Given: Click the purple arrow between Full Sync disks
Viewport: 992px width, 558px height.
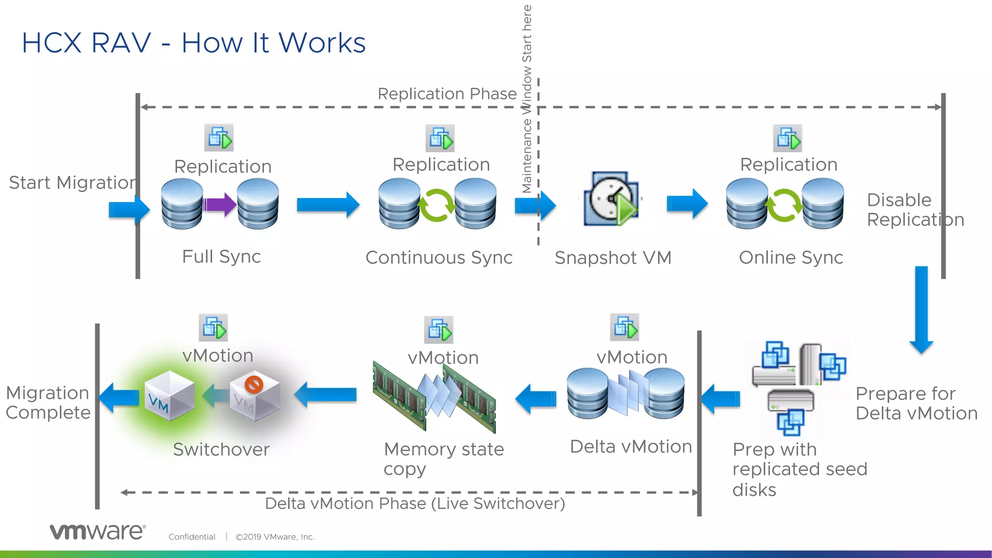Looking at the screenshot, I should click(219, 204).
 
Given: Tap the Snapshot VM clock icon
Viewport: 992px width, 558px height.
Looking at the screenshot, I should click(612, 199).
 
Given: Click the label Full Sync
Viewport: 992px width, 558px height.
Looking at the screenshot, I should click(221, 257).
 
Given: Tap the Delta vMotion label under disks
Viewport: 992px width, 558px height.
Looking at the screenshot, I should click(631, 447).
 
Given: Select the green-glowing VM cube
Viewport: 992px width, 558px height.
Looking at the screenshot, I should click(169, 395).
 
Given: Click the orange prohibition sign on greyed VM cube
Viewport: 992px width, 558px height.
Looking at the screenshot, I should click(254, 384).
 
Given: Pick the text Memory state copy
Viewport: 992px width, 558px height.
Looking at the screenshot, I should click(443, 458).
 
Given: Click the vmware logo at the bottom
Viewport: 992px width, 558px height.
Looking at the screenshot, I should click(97, 531).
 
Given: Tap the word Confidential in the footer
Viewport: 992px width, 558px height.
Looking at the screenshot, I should click(192, 537).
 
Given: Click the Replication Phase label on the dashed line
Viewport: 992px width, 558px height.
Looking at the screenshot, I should click(447, 93).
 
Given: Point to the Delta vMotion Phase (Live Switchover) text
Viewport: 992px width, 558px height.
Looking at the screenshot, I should click(415, 504).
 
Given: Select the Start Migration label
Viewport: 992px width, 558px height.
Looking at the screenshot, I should click(72, 183).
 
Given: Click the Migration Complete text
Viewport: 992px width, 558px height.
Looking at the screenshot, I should click(48, 403).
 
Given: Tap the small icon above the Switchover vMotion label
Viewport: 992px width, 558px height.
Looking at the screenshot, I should click(213, 328).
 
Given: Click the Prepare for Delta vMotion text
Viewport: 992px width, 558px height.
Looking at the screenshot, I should click(916, 403).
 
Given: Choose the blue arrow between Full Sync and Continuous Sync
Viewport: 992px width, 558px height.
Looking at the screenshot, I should click(328, 204).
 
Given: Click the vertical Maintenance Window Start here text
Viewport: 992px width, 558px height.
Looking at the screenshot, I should click(527, 99).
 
